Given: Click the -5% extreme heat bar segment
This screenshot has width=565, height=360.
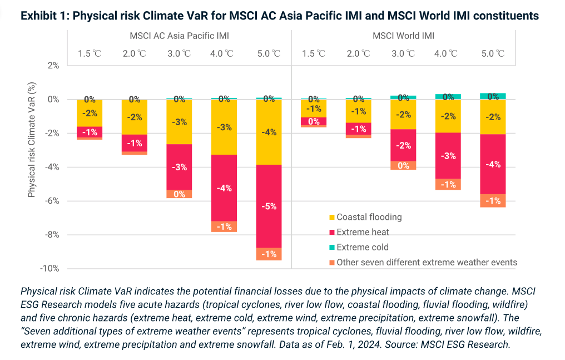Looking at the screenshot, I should point(269,206).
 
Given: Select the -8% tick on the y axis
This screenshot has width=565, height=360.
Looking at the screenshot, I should point(52,235).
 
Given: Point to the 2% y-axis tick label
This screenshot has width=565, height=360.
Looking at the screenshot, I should point(53,66).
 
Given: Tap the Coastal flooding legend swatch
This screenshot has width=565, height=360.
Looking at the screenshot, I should point(332,217).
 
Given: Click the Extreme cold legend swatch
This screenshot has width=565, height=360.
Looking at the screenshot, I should point(332,247).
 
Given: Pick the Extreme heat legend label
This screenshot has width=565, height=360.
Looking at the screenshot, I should point(363,232).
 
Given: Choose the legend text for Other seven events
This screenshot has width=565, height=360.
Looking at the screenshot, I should point(427,262).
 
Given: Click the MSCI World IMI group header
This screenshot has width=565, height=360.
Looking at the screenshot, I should point(403,36).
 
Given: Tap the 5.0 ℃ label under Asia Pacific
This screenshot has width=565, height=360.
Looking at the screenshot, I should point(269,54).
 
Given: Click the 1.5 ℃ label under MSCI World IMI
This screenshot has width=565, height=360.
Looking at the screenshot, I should point(314,54).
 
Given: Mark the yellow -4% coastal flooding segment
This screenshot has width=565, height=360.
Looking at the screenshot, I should point(269,132).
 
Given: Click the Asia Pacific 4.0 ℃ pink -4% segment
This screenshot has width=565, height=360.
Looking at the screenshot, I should point(224,188).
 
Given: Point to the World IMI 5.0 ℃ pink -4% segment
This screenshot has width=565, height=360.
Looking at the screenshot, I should point(493,164).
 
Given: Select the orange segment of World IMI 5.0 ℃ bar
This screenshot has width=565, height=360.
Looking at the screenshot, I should point(493,200).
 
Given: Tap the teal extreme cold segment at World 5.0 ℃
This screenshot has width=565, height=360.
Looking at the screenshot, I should point(493,96).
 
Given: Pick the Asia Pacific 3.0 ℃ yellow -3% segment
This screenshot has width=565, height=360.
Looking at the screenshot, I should point(179,122).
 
